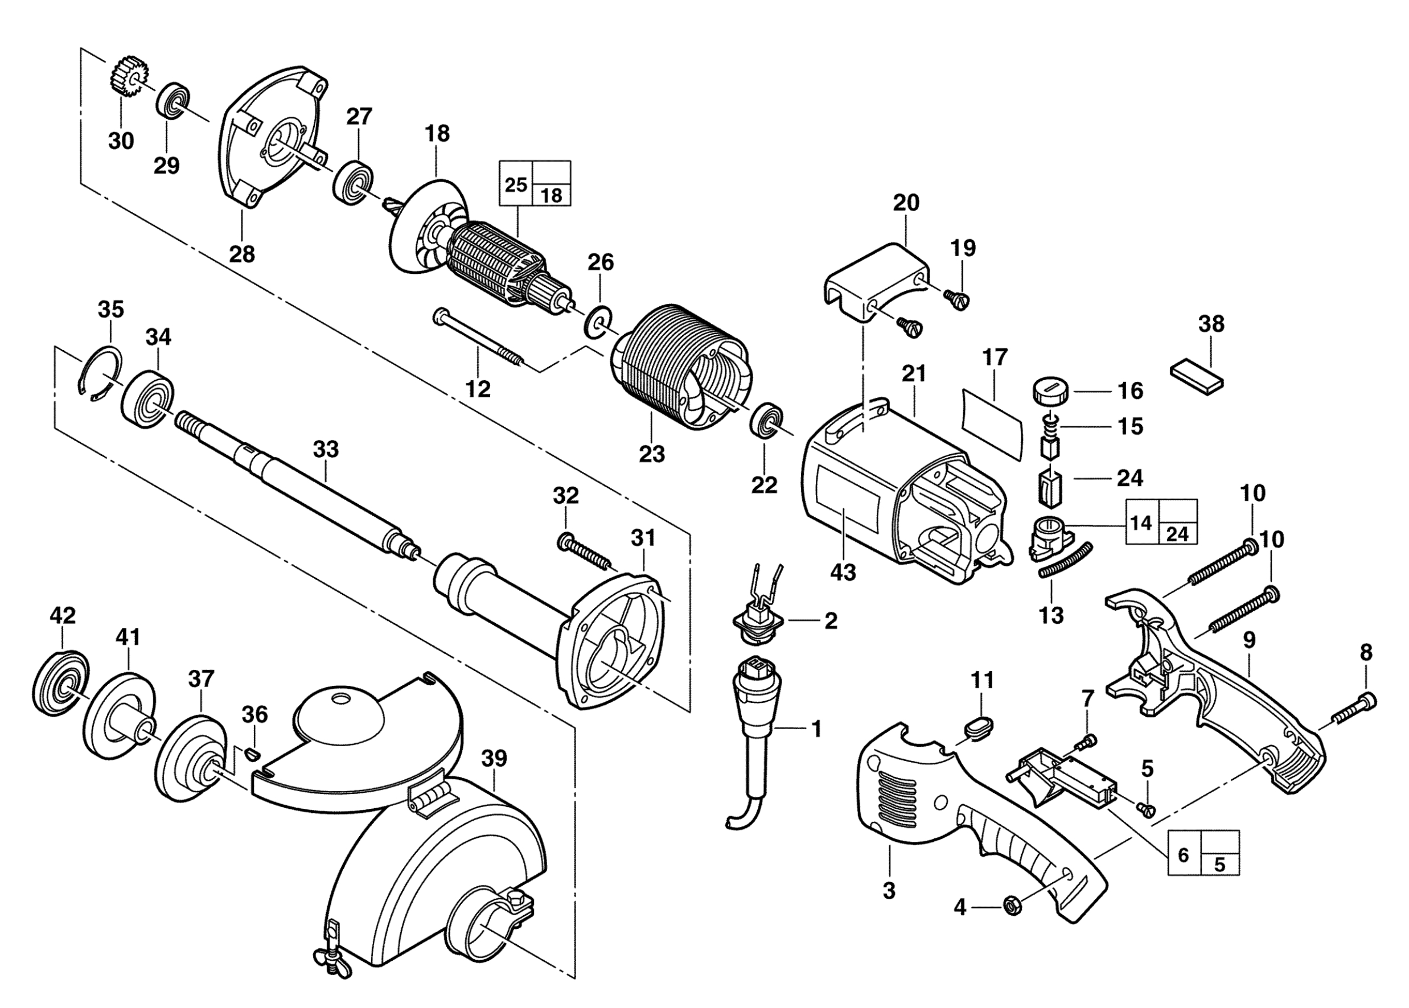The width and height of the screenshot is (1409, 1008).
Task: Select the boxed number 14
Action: point(1141,522)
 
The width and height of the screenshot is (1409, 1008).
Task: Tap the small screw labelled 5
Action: point(1146,808)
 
